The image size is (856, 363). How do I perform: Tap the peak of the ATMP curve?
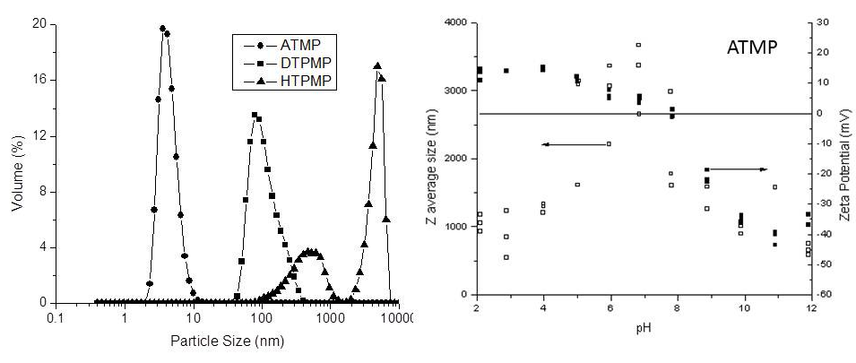pyautogui.click(x=163, y=28)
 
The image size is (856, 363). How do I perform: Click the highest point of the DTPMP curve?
pyautogui.click(x=254, y=115)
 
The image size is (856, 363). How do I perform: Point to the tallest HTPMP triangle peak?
pyautogui.click(x=377, y=65)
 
